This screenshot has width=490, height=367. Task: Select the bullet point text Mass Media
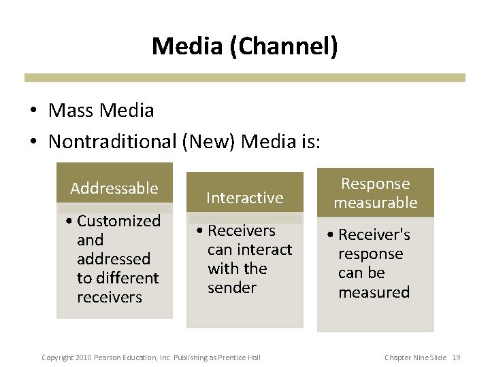click(x=101, y=110)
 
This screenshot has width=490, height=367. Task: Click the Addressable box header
click(x=114, y=188)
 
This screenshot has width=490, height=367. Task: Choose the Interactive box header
click(x=244, y=198)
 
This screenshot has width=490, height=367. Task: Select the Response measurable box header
click(x=375, y=193)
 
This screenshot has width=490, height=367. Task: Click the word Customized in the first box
click(x=119, y=221)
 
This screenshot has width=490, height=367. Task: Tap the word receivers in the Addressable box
click(x=110, y=297)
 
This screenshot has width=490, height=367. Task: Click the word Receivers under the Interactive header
click(x=242, y=230)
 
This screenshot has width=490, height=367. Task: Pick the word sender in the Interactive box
click(x=232, y=287)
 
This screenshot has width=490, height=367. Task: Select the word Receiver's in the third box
click(x=374, y=234)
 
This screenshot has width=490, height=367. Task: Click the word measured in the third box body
click(x=374, y=292)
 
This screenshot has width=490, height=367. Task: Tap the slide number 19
click(x=456, y=357)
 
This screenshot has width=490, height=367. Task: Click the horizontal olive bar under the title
click(x=245, y=77)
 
